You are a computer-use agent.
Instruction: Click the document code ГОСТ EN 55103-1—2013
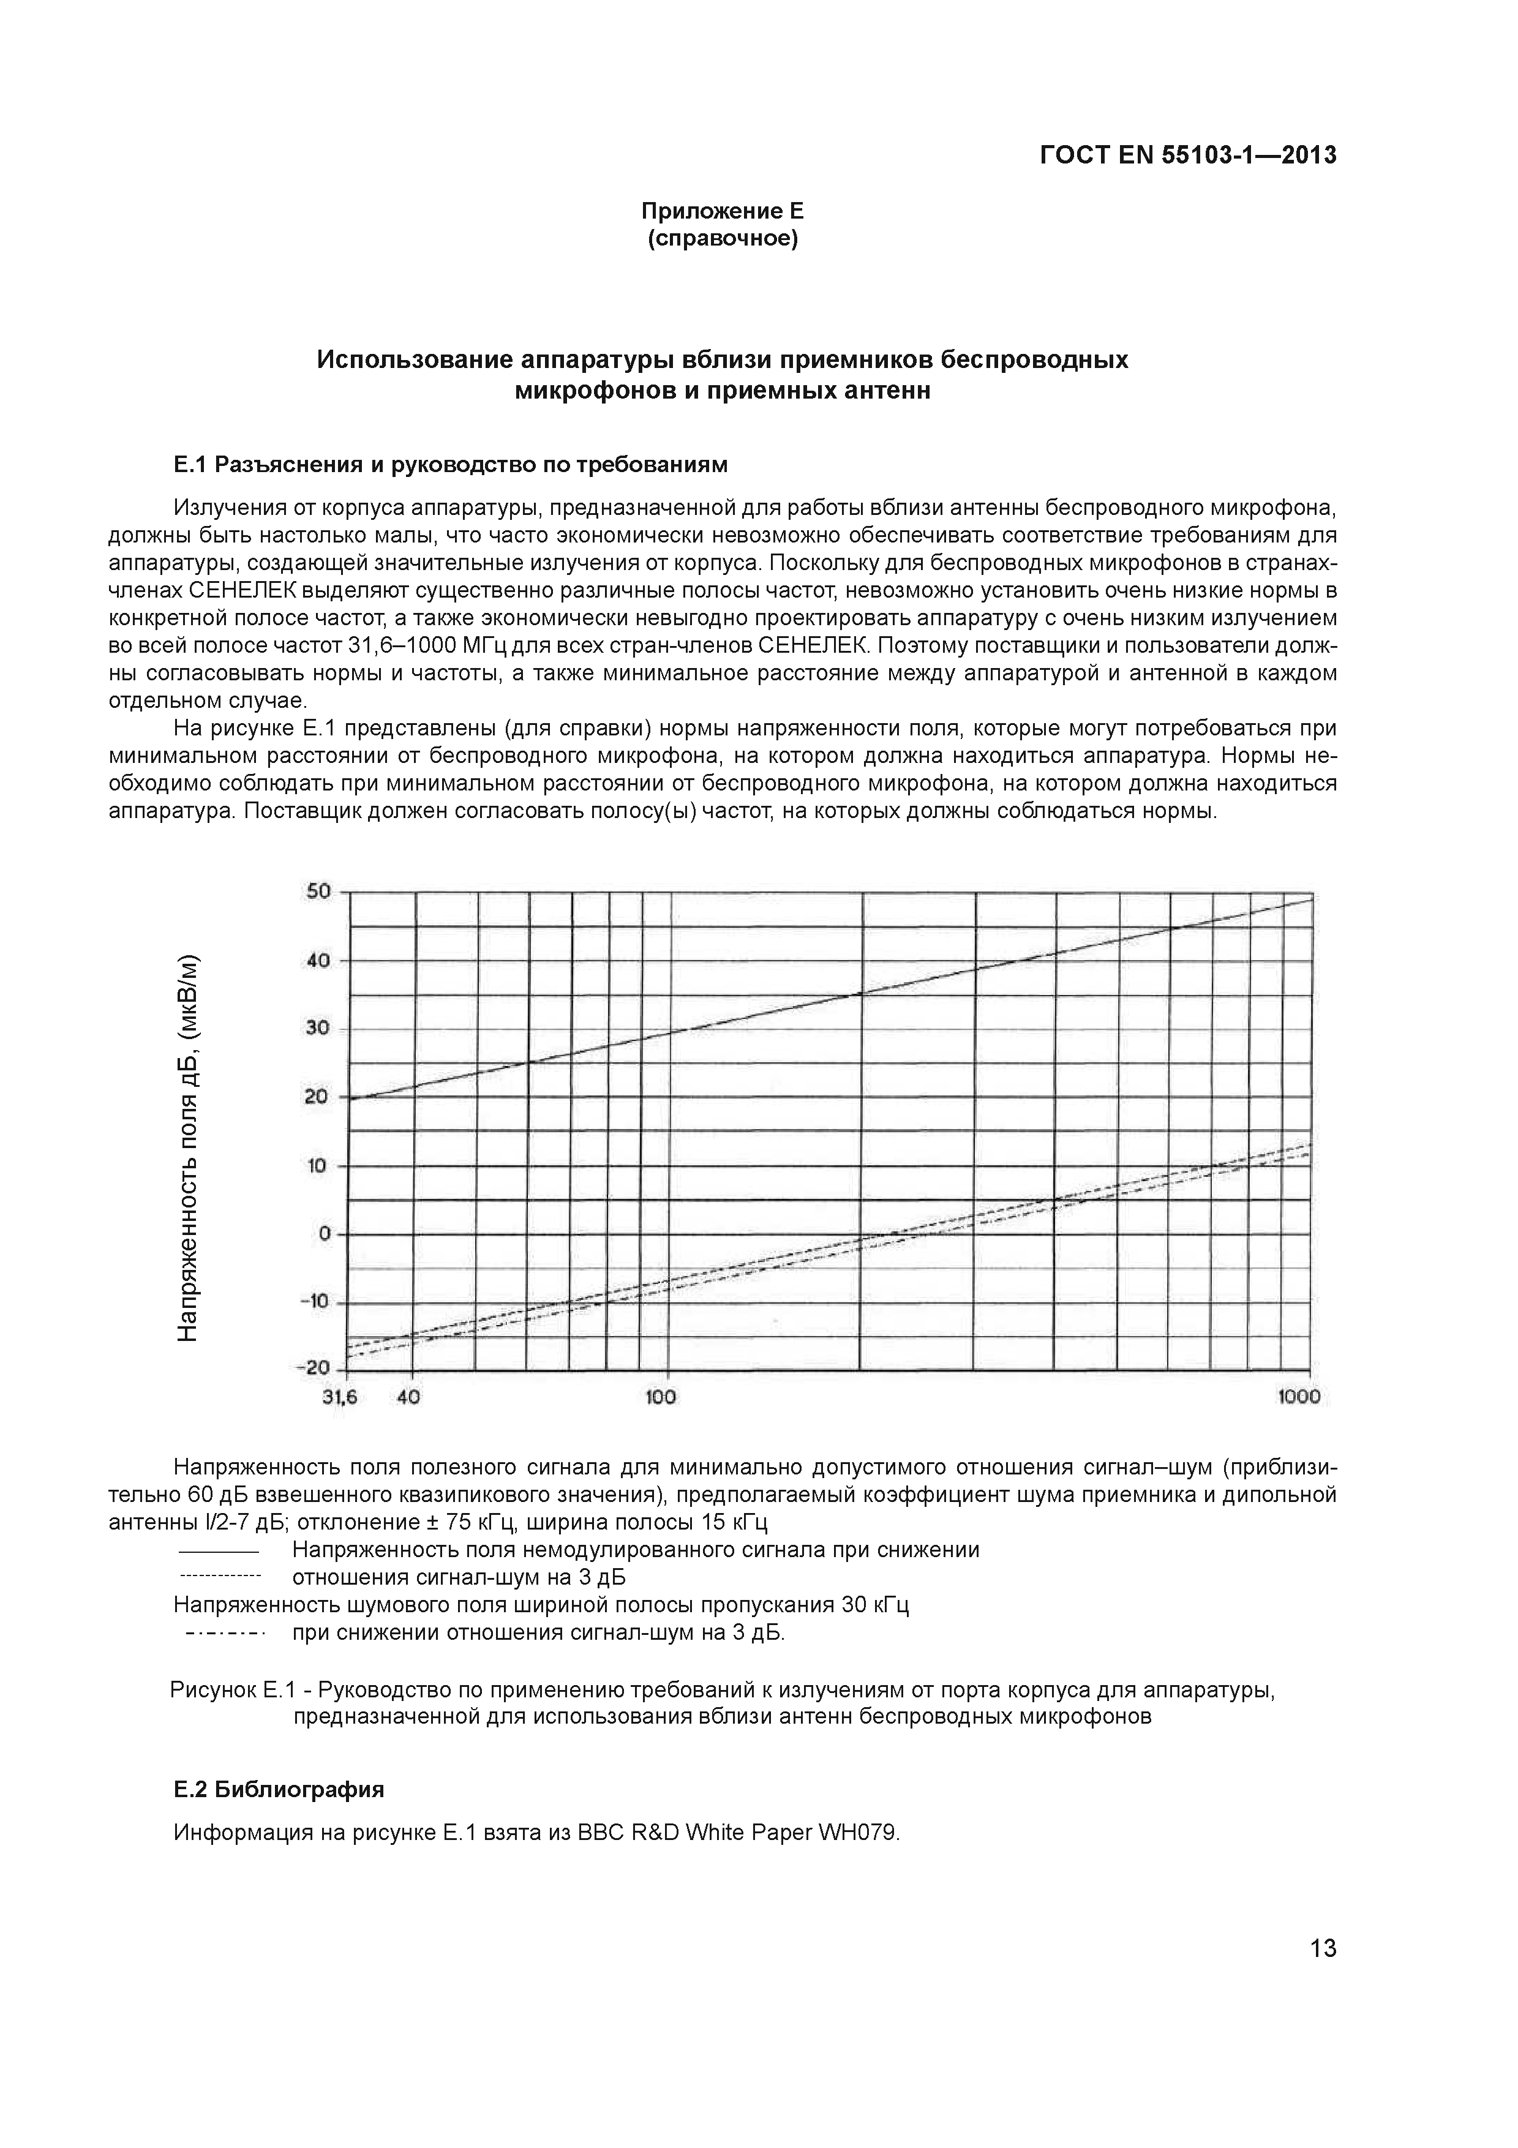[1188, 156]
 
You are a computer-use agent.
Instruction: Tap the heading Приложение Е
[721, 211]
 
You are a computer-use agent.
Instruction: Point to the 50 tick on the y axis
[319, 892]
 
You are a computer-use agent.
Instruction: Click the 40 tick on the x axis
[408, 1397]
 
